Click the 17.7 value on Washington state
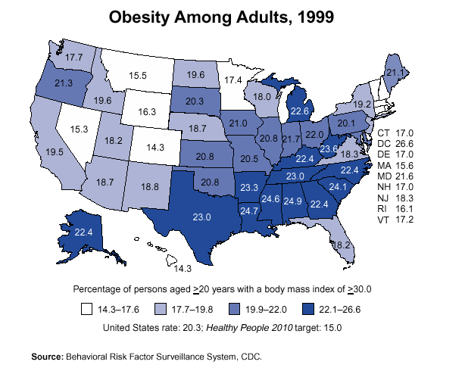(x=73, y=57)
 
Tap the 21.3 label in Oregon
(x=64, y=83)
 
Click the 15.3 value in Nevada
(x=80, y=129)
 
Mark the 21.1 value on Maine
(x=395, y=73)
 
